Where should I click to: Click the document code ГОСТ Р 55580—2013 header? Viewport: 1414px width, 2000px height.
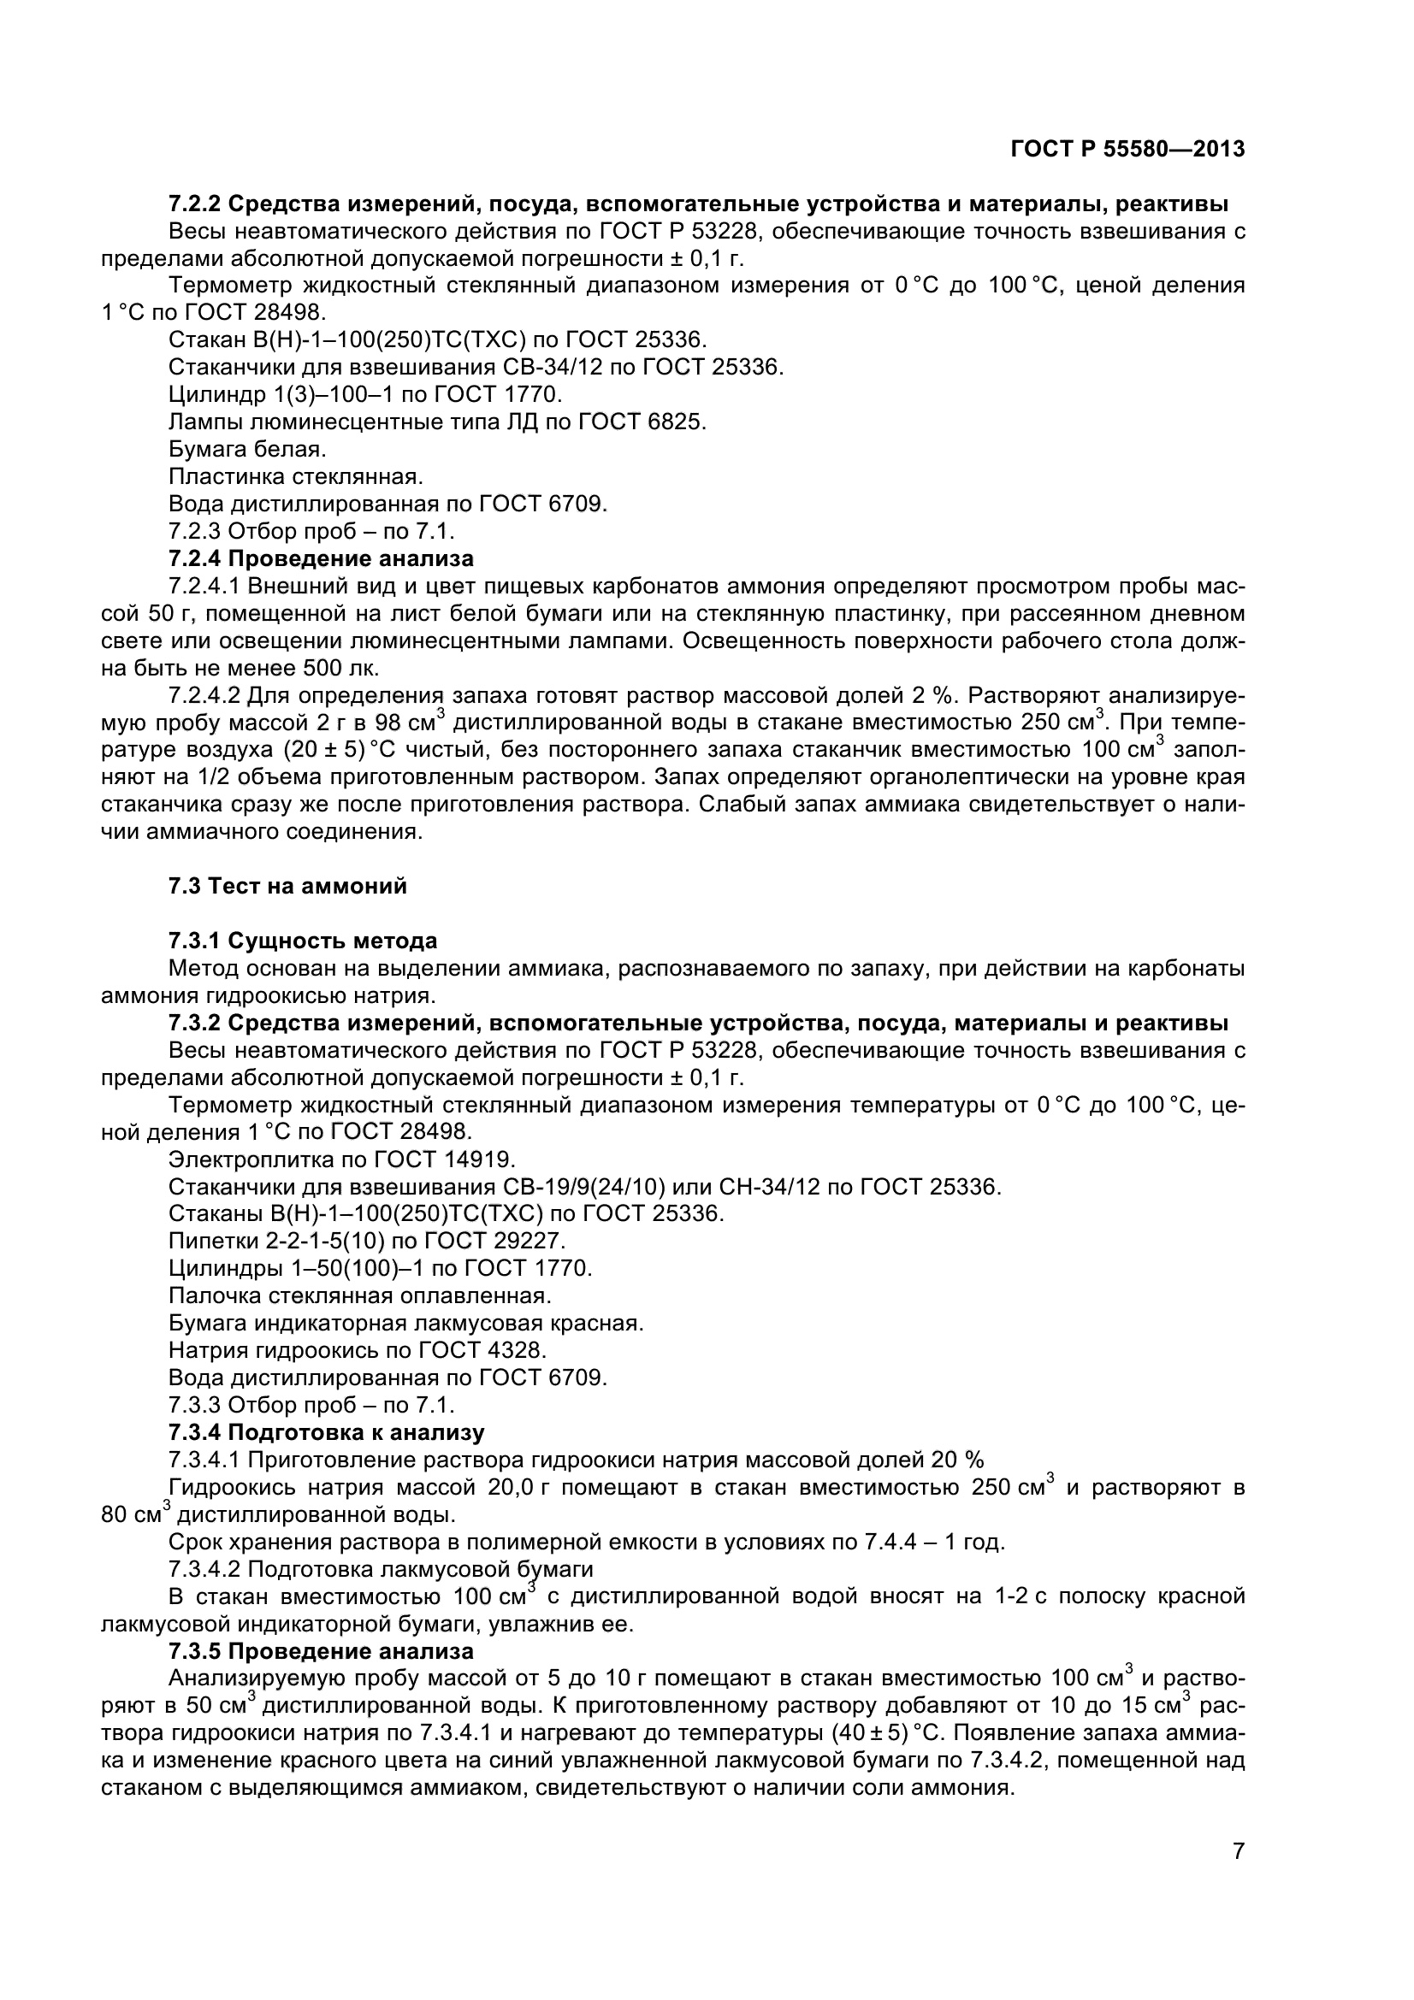point(1127,150)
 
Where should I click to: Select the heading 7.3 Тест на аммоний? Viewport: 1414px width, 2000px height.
point(287,886)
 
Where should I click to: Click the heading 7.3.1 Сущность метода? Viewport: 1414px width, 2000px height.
point(302,941)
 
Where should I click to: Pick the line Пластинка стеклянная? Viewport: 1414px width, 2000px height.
point(295,476)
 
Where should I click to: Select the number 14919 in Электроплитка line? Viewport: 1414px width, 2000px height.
point(481,1159)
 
